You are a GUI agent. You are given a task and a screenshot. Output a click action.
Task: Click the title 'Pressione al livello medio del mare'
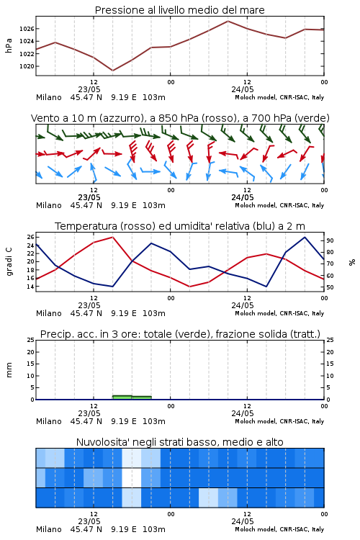[x=179, y=10]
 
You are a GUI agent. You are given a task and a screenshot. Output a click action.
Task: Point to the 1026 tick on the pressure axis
[x=27, y=29]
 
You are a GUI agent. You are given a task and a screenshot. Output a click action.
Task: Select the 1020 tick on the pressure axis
[x=27, y=66]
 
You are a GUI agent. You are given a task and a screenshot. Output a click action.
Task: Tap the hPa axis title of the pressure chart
[x=9, y=45]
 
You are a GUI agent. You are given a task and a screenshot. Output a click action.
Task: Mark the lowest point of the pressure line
[x=112, y=71]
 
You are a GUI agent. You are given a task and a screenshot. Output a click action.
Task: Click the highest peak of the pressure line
[x=228, y=21]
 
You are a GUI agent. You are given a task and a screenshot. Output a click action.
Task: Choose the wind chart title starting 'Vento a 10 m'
[x=180, y=118]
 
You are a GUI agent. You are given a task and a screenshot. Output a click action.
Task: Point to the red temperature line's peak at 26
[x=112, y=237]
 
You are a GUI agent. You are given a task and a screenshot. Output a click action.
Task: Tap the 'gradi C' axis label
[x=9, y=262]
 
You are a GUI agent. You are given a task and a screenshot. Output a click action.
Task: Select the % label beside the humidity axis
[x=352, y=262]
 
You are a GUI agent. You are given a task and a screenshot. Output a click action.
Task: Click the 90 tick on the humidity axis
[x=330, y=240]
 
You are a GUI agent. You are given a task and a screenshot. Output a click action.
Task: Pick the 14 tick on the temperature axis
[x=30, y=287]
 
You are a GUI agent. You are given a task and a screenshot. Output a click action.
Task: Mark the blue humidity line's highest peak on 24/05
[x=305, y=237]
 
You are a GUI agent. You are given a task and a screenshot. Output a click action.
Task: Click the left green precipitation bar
[x=122, y=397]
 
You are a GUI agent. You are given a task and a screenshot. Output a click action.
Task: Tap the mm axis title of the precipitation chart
[x=9, y=370]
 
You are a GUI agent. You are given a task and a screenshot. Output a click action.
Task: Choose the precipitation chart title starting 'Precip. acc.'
[x=180, y=334]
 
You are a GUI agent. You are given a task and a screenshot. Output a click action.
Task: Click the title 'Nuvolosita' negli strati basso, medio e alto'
[x=179, y=442]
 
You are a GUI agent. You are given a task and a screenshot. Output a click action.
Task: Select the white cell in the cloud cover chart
[x=132, y=478]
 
